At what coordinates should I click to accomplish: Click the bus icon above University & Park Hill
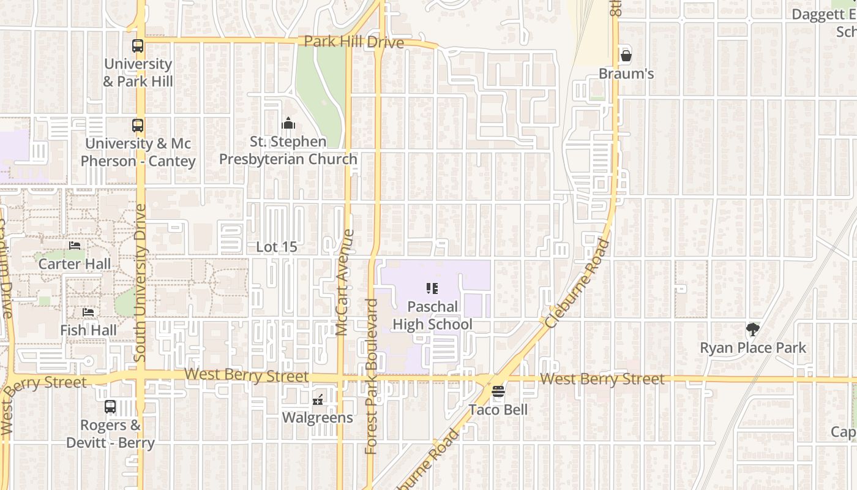[138, 46]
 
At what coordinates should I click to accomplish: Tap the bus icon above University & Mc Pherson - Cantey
[138, 126]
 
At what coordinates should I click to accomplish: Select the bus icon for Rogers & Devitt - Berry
[110, 406]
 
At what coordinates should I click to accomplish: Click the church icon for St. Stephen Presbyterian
[288, 124]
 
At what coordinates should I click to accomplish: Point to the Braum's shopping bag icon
[626, 56]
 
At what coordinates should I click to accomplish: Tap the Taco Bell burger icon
[498, 391]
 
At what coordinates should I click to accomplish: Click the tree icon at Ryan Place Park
[753, 330]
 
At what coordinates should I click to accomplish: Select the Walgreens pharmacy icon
[318, 400]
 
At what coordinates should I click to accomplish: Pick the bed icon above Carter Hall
[75, 246]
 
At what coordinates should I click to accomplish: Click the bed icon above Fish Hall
[88, 312]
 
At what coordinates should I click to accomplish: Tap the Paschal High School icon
[432, 288]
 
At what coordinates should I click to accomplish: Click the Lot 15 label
[277, 247]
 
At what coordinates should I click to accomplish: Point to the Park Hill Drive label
[354, 42]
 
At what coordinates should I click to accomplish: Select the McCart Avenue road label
[345, 282]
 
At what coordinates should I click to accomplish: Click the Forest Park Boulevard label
[371, 377]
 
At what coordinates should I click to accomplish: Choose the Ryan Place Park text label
[753, 348]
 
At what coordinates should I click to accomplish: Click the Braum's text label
[626, 74]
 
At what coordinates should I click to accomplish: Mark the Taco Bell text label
[498, 410]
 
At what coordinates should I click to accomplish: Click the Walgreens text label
[317, 418]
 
